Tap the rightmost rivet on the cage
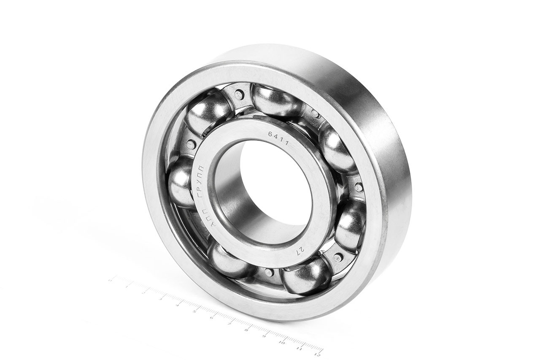(x=359, y=187)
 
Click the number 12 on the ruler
(x=317, y=350)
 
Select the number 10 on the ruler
(x=281, y=342)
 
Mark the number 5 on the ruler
(x=194, y=312)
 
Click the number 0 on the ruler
(x=110, y=280)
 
